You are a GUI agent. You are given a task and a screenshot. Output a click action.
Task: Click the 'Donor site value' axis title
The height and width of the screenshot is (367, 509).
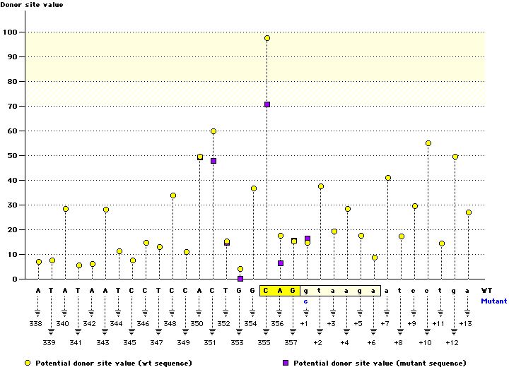32,6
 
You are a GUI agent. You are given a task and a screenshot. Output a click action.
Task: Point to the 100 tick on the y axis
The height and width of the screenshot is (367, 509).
11,32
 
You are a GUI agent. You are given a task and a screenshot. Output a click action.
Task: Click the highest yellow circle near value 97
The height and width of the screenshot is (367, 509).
267,38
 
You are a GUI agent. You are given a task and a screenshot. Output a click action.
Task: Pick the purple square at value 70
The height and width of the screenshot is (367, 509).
267,104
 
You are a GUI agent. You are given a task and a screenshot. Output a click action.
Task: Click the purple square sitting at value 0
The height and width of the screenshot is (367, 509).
240,279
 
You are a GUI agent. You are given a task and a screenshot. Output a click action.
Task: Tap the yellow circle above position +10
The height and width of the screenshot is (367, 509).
428,143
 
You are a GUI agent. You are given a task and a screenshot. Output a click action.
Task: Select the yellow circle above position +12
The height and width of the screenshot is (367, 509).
455,157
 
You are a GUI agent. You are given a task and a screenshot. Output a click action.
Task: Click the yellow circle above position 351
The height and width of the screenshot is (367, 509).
213,131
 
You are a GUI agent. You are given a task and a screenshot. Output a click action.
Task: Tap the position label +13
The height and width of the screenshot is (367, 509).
465,323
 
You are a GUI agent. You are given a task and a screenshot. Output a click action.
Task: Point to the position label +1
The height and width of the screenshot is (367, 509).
304,323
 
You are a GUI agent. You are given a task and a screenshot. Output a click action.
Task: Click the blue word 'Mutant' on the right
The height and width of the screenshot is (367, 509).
494,301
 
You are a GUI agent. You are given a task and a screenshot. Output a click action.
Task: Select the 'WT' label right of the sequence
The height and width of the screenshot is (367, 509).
487,290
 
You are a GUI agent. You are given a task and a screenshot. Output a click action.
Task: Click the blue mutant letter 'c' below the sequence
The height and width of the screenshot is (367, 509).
307,301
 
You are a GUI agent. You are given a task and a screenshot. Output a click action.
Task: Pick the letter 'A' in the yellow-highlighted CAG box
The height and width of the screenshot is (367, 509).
281,290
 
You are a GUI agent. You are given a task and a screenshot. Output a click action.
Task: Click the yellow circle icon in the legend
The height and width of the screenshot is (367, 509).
28,362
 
